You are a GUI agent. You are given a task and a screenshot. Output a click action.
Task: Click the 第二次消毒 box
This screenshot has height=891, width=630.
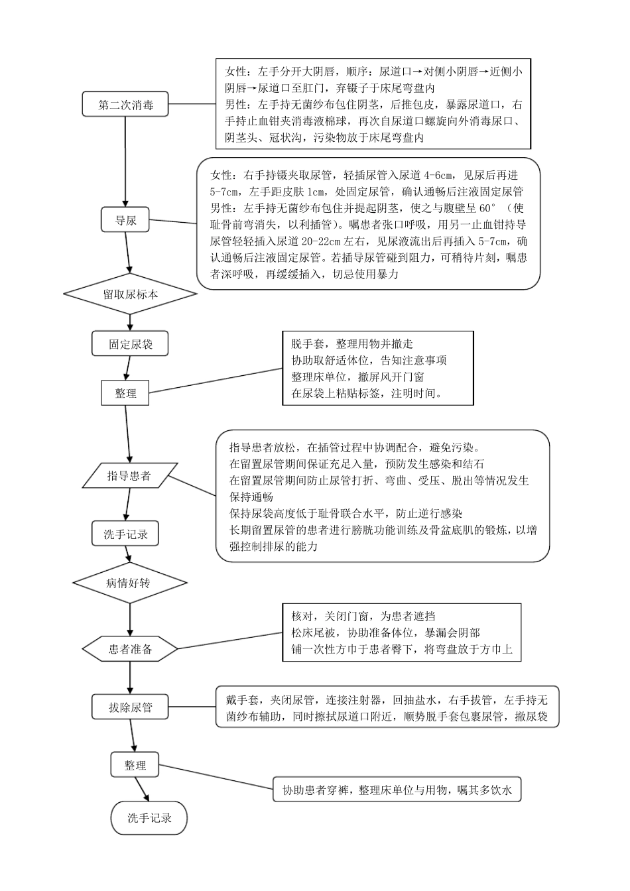coord(125,105)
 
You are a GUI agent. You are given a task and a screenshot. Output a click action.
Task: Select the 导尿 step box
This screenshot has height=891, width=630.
coord(125,220)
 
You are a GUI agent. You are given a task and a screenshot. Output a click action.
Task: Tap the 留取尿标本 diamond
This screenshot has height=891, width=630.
coord(130,294)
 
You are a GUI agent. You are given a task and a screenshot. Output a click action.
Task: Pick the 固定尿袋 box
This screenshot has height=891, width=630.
coord(130,344)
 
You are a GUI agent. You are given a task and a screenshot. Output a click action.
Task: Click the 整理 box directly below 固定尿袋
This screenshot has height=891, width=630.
coord(125,392)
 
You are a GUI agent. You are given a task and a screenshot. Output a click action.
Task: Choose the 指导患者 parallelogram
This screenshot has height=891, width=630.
coord(128,475)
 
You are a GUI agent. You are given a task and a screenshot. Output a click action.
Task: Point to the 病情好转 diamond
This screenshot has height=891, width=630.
coord(129,583)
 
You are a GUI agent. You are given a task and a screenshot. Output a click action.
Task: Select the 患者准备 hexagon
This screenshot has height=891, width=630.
coord(130,648)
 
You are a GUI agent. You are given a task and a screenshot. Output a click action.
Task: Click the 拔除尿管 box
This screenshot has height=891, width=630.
coord(130,707)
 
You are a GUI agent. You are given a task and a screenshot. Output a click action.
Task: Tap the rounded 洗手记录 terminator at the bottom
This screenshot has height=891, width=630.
coord(150,818)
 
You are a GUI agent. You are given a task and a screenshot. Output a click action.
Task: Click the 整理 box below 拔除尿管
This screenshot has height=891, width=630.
coord(135,765)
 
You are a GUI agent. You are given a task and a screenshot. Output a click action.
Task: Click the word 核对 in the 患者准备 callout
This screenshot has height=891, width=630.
coord(302,617)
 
